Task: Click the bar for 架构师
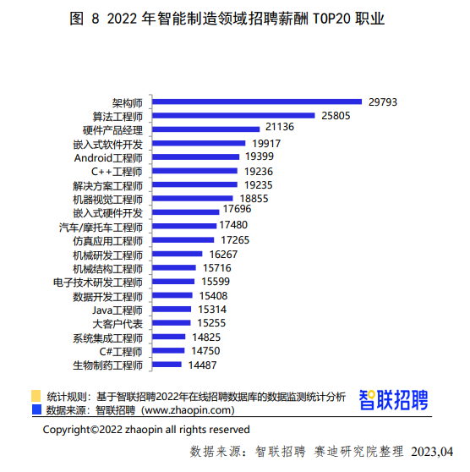tap(257, 102)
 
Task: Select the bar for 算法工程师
tap(233, 116)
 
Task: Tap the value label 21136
tap(280, 127)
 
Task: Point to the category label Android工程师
tap(108, 158)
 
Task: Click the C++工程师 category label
tap(117, 172)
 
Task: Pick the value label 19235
tap(258, 185)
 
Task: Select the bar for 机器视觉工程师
tap(193, 199)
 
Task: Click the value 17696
tap(237, 209)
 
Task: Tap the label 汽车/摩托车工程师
tap(101, 228)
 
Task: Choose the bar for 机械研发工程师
tap(178, 254)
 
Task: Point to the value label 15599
tap(216, 282)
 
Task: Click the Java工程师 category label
tap(117, 310)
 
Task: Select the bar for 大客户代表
tap(172, 323)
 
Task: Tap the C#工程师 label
tap(121, 352)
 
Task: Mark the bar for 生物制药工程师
tap(167, 365)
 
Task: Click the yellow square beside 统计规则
tap(36, 396)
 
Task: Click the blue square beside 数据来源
tap(36, 409)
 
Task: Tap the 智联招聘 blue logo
tap(393, 400)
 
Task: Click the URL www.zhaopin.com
tap(188, 410)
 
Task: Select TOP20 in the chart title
tap(332, 19)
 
